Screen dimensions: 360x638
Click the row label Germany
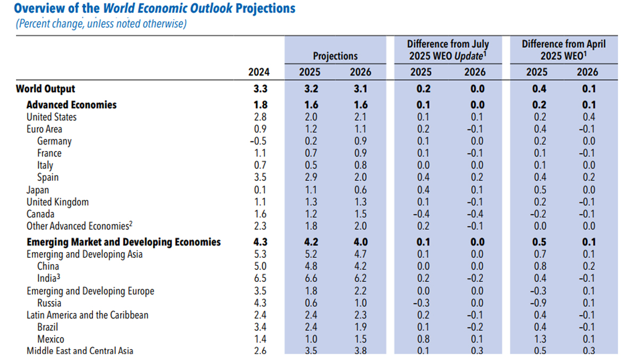pyautogui.click(x=54, y=141)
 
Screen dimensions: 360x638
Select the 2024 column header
pyautogui.click(x=259, y=72)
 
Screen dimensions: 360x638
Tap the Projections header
pyautogui.click(x=335, y=56)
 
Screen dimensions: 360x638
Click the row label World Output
pyautogui.click(x=46, y=89)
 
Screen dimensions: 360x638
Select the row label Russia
pyautogui.click(x=49, y=303)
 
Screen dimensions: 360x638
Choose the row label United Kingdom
pyautogui.click(x=58, y=202)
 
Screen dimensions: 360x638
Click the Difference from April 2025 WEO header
pyautogui.click(x=564, y=50)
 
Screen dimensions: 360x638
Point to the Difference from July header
pyautogui.click(x=448, y=50)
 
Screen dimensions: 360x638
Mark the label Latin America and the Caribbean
pyautogui.click(x=88, y=315)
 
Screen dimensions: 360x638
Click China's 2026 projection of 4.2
pyautogui.click(x=360, y=266)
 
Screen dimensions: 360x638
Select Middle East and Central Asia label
pyautogui.click(x=80, y=351)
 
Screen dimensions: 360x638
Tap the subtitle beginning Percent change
pyautogui.click(x=101, y=24)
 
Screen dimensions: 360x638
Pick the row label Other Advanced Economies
pyautogui.click(x=78, y=226)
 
